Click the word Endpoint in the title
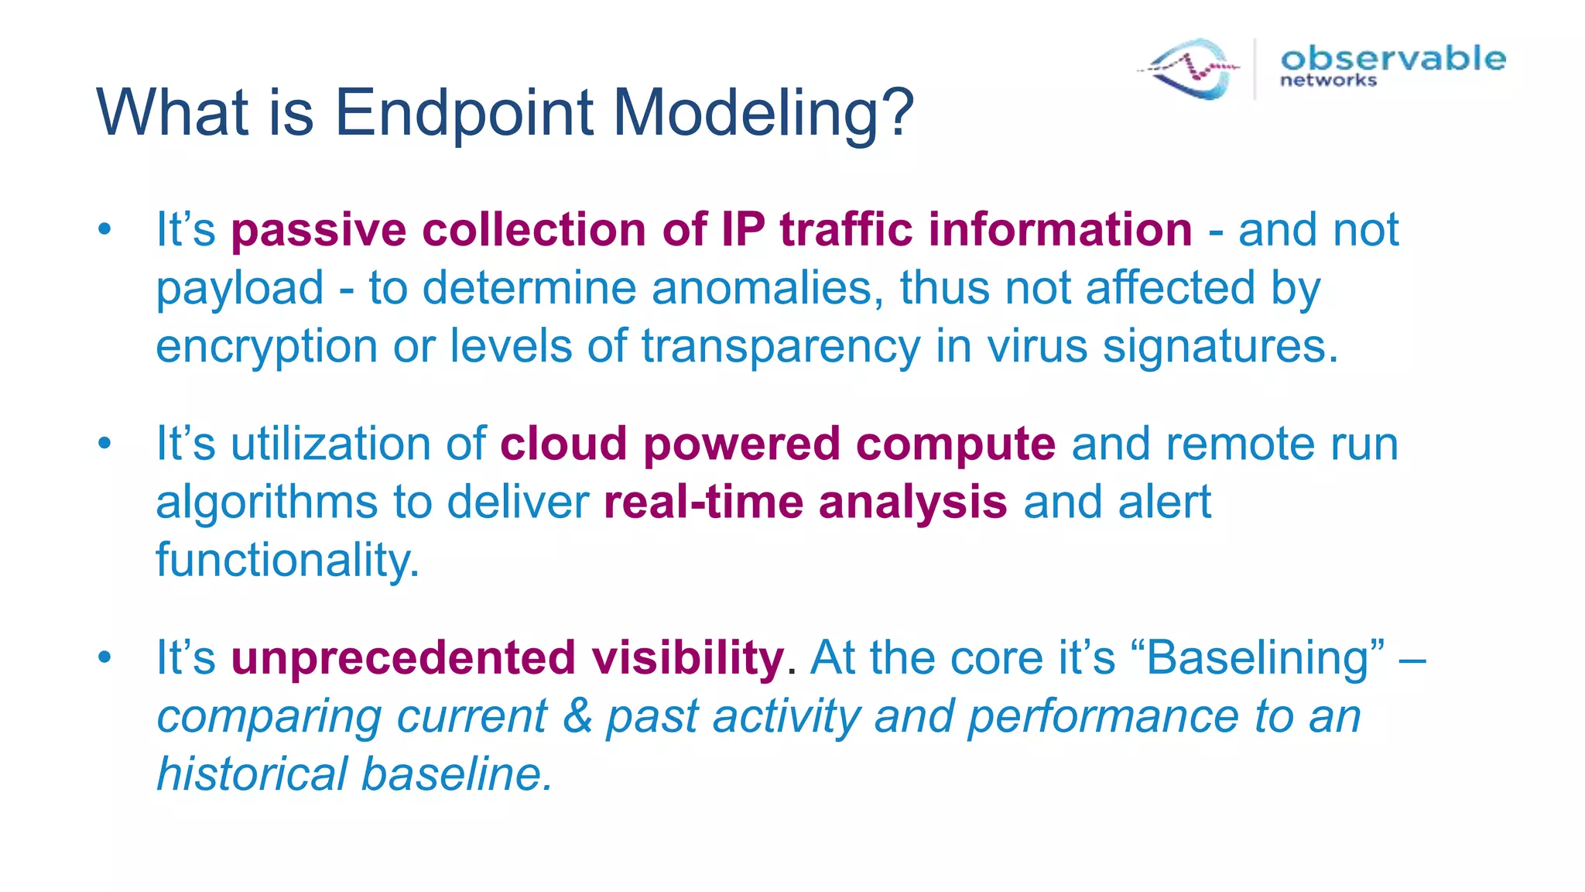coord(463,114)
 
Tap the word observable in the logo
coord(1392,58)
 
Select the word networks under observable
coord(1328,81)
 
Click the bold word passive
coord(318,230)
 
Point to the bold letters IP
coord(742,230)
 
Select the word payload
coord(239,288)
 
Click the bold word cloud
coord(563,444)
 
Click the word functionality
coord(287,560)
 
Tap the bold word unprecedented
coord(402,658)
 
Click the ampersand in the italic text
coord(577,715)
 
